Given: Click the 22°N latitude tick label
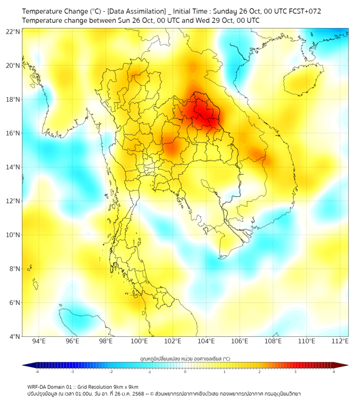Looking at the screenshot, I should [x=13, y=31].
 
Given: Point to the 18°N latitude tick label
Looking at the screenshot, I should [x=13, y=99].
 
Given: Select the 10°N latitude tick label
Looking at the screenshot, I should [x=13, y=235].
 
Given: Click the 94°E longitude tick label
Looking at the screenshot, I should [x=39, y=341].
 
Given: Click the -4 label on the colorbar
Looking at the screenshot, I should [x=37, y=372].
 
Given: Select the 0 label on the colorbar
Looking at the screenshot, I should [x=185, y=372].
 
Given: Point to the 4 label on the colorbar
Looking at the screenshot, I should [x=334, y=372].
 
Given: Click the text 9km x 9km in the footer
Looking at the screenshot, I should [x=124, y=386].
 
